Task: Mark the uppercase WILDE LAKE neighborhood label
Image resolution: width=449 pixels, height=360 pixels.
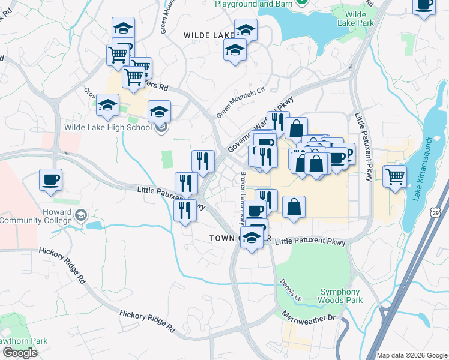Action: tap(209, 35)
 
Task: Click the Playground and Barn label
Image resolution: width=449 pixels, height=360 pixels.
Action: tap(255, 3)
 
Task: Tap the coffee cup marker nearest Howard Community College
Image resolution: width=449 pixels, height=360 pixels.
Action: tap(50, 179)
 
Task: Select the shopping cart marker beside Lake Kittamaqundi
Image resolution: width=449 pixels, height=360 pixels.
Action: tap(395, 176)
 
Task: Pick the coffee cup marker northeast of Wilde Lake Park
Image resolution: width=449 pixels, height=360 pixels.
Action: tap(424, 5)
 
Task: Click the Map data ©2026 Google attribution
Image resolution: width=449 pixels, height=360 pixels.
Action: tap(412, 355)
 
